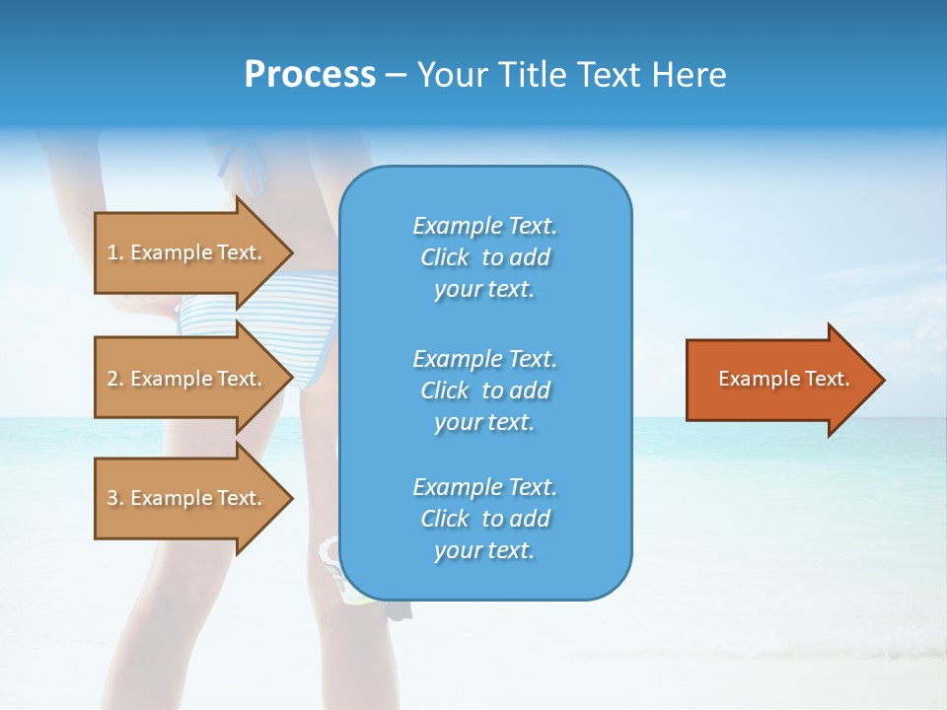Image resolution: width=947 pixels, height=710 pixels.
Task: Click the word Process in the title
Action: tap(310, 75)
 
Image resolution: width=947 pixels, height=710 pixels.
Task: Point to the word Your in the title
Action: tap(451, 75)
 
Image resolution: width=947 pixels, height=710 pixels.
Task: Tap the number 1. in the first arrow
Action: tap(115, 252)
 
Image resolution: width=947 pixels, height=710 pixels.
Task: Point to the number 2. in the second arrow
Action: tap(115, 379)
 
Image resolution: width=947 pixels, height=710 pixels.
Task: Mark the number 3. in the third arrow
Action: tap(115, 498)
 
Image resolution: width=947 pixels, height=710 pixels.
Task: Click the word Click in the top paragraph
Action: tap(444, 257)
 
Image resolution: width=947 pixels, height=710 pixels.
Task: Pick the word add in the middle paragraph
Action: tap(530, 390)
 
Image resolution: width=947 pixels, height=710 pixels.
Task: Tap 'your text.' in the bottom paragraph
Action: tap(484, 550)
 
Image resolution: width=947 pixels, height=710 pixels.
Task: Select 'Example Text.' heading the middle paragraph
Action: tap(484, 359)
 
